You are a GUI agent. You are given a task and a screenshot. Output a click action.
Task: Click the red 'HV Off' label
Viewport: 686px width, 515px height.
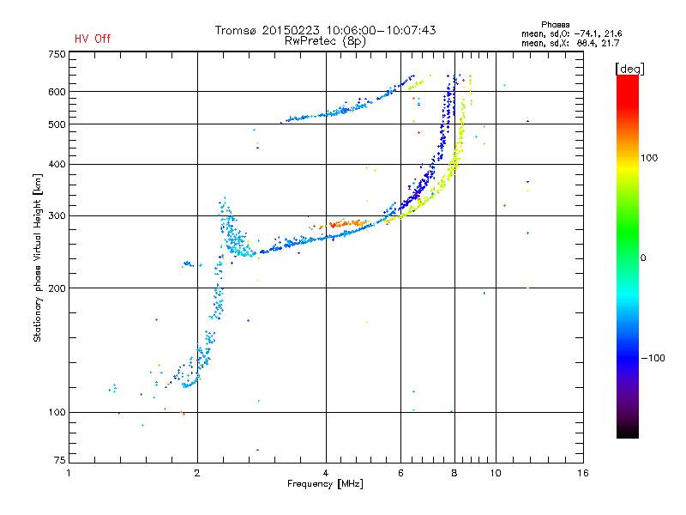92,39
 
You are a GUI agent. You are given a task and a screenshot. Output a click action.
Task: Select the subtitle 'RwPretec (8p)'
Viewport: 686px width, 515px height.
325,40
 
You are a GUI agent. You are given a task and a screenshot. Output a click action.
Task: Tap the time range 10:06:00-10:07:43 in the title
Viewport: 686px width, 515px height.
376,30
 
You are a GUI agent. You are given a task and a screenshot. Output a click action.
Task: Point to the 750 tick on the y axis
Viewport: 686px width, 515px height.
57,53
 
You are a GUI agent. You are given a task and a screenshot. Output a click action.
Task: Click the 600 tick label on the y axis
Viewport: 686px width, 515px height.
57,91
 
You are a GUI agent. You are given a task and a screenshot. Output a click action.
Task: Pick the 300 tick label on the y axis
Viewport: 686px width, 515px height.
57,215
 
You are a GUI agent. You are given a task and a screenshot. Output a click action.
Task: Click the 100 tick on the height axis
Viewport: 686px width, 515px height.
57,412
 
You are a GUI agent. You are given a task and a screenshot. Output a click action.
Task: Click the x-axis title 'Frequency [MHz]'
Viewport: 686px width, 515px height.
326,484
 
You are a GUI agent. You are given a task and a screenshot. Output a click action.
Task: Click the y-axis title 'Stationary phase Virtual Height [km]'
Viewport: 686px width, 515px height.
38,257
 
